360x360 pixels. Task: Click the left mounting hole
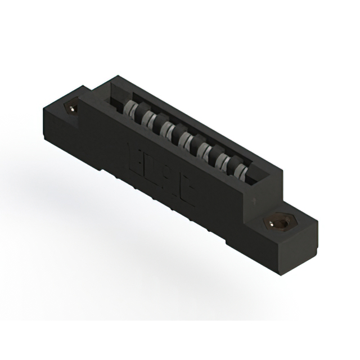(71, 106)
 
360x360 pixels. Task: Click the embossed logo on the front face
(160, 166)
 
